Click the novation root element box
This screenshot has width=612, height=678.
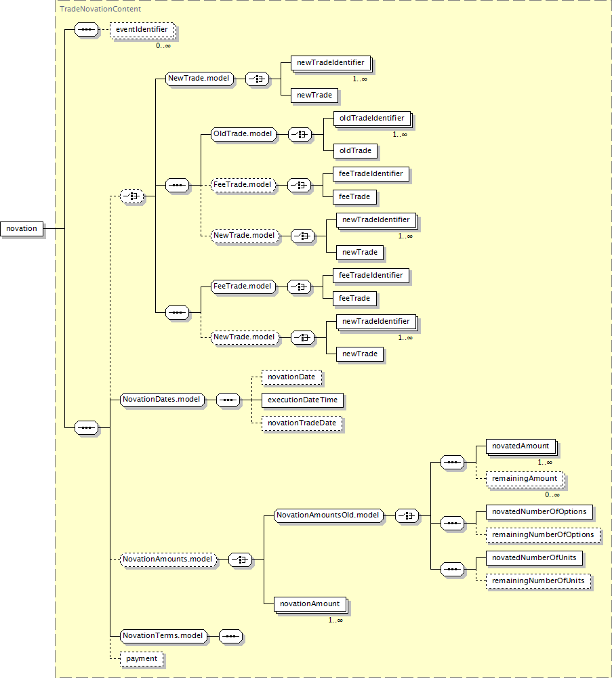[22, 228]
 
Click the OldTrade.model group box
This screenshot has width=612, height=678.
[242, 134]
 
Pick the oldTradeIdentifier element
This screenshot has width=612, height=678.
[372, 118]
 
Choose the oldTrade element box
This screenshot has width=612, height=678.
[355, 150]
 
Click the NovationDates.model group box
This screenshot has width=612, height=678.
[162, 400]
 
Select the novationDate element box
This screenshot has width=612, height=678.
[291, 377]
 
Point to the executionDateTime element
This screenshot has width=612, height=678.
[302, 400]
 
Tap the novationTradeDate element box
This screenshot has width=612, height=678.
[302, 423]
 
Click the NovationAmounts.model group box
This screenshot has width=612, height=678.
[168, 559]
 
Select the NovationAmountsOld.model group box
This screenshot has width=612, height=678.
[329, 515]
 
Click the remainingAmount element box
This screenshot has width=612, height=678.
[525, 479]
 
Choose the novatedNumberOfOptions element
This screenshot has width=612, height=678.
[539, 511]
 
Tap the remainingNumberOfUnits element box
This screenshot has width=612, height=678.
[538, 581]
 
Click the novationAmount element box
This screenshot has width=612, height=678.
[310, 603]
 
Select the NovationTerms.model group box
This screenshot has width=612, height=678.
[163, 636]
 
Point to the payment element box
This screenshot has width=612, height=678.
[142, 658]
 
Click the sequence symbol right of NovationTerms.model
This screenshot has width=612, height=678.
[230, 637]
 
